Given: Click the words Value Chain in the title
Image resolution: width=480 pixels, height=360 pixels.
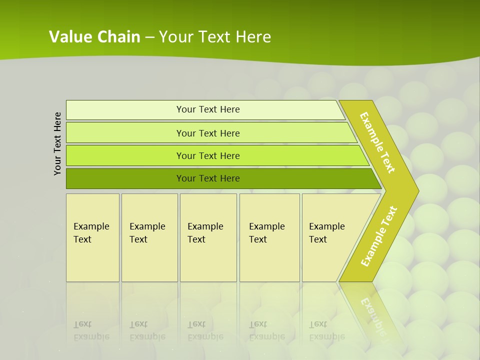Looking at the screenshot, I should tap(94, 37).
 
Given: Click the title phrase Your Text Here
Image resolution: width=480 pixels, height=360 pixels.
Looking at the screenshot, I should tap(215, 37).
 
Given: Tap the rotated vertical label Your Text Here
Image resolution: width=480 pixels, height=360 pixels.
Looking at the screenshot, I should tap(58, 143).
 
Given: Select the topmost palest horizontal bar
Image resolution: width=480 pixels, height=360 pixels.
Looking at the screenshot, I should tap(125, 110).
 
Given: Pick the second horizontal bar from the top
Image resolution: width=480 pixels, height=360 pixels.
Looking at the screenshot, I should tap(125, 133).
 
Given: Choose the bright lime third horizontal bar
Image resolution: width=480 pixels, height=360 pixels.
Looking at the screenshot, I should tap(125, 155).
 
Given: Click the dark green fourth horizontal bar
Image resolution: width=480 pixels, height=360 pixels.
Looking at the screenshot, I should tap(125, 178).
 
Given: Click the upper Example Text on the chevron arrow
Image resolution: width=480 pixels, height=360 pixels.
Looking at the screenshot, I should tap(377, 143).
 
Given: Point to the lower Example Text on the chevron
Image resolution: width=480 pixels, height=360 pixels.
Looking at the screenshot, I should tap(379, 236).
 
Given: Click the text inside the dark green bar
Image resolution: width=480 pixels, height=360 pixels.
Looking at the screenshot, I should tap(208, 178).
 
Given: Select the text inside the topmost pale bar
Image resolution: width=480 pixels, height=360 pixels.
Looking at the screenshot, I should tap(208, 109).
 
